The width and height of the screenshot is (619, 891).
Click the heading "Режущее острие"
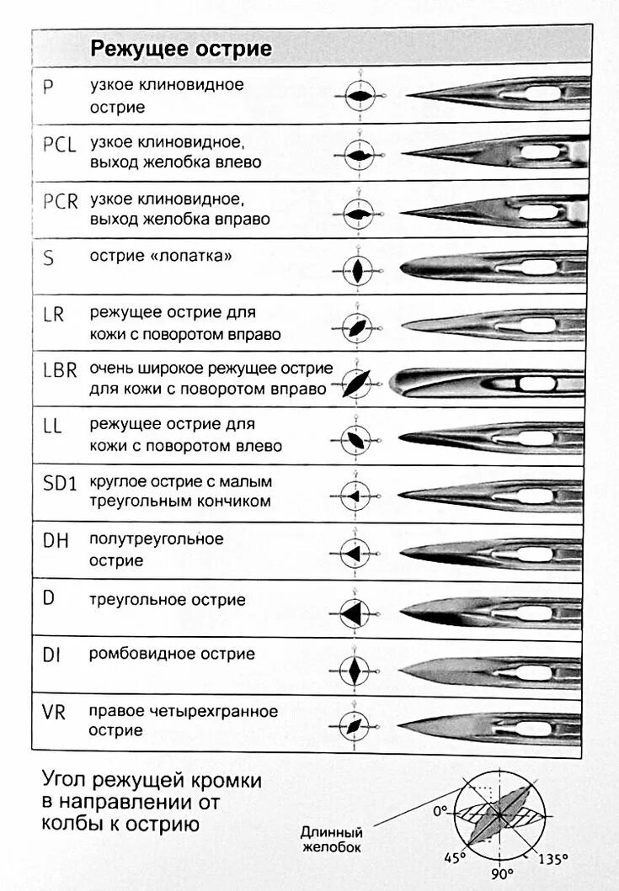(181, 50)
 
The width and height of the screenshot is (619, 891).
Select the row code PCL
(59, 144)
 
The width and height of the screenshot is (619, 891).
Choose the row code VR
(54, 712)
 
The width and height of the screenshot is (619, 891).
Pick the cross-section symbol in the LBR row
(358, 383)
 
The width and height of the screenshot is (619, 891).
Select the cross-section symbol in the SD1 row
(356, 496)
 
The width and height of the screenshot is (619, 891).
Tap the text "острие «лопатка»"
(160, 257)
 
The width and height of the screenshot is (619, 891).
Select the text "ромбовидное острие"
(173, 654)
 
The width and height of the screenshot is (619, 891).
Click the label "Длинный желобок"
(331, 839)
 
